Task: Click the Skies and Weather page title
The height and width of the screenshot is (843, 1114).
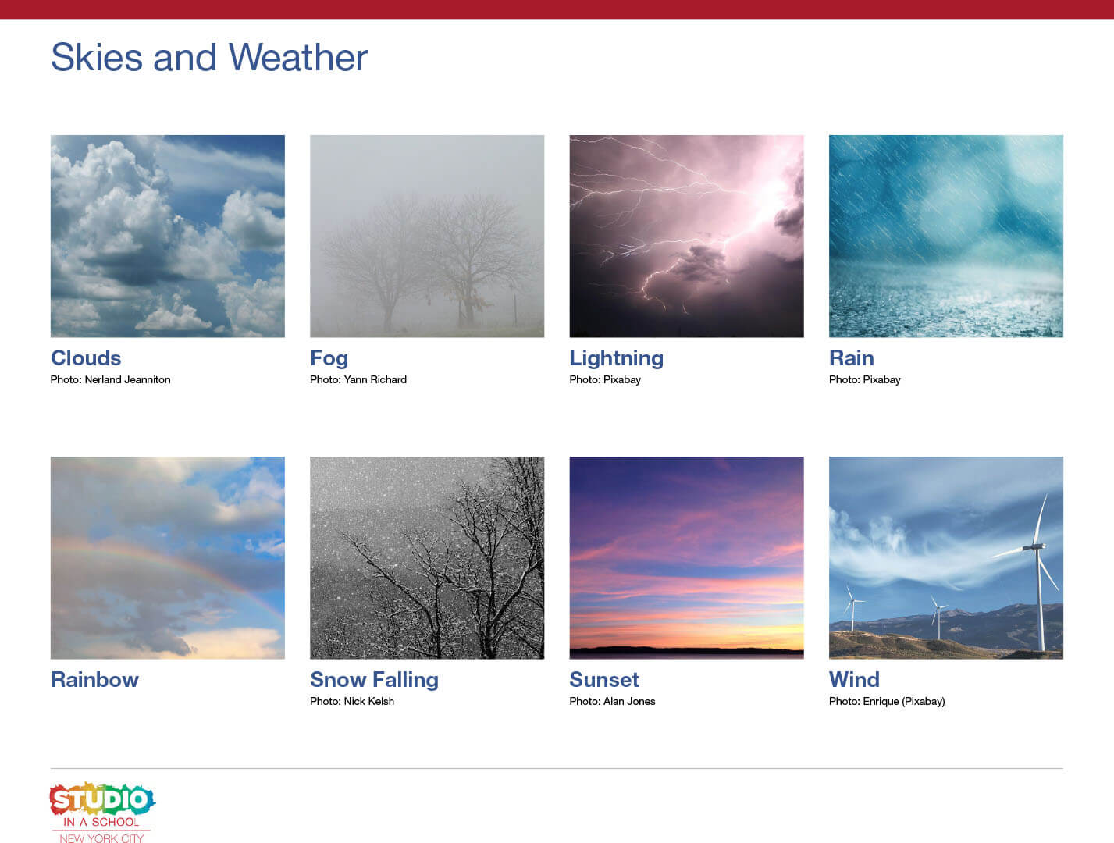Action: coord(208,58)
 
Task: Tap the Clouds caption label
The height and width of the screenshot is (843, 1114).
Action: coord(86,358)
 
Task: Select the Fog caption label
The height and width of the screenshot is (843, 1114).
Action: coord(329,358)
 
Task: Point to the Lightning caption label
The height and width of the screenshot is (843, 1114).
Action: coord(616,358)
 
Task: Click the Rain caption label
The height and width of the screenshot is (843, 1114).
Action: coord(851,358)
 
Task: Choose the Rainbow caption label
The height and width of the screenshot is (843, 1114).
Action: coord(94,680)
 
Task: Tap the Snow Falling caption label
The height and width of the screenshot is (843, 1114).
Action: coord(374,680)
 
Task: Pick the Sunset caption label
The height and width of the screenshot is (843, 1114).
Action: coord(603,680)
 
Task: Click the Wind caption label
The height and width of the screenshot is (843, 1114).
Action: coord(854,680)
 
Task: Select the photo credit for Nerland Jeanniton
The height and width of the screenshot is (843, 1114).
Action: coord(110,380)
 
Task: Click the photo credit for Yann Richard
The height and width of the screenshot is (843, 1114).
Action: coord(358,380)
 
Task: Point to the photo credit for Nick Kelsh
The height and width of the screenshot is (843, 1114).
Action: coord(351,702)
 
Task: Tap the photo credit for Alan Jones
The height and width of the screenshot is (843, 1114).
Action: coord(612,702)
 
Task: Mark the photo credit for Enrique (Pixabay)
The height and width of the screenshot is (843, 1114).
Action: coord(887,702)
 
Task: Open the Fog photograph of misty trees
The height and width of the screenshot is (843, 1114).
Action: coord(427,236)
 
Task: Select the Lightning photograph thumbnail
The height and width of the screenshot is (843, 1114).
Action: coord(686,236)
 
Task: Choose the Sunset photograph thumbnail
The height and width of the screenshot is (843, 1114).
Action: coord(686,557)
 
